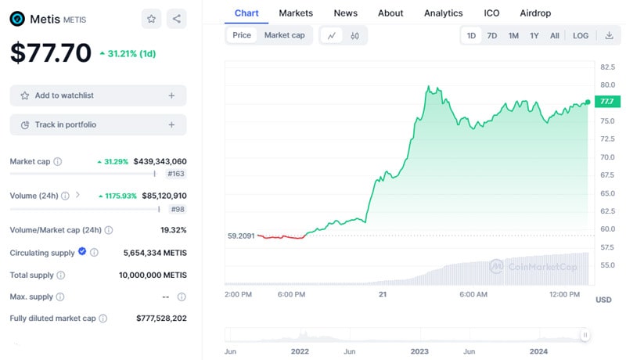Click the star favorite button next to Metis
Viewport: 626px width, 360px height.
coord(152,19)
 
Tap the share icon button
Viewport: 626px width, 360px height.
coord(176,19)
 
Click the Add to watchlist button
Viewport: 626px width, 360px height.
coord(98,95)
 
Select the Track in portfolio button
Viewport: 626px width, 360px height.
coord(98,124)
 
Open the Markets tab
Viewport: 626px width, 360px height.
coord(296,13)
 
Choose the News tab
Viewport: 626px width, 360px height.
coord(345,13)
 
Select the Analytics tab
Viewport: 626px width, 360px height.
coord(443,13)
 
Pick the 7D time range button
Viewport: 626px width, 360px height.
coord(492,35)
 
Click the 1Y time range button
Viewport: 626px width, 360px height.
coord(534,35)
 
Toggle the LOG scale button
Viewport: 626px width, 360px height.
coord(581,35)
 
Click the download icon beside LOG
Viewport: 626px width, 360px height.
coord(609,35)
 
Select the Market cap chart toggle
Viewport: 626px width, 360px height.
coord(284,35)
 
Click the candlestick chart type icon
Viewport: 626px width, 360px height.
coord(354,35)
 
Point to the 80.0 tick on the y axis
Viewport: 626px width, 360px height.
coord(606,85)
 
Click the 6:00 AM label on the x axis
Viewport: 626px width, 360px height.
coord(473,294)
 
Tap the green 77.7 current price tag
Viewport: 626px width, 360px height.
coord(606,102)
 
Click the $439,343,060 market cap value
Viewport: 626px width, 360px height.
coord(160,161)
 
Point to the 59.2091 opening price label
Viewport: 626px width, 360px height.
coord(240,235)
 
